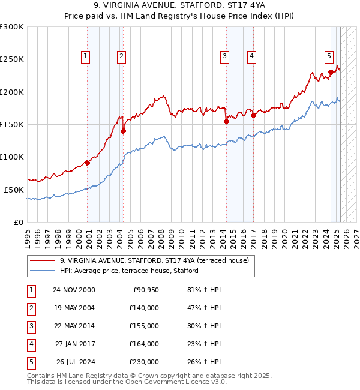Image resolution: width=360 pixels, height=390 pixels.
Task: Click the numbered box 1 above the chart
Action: [x=85, y=56]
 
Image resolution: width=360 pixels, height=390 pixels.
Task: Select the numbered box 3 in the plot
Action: [x=224, y=56]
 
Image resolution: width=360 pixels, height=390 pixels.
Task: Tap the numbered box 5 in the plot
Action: [x=329, y=56]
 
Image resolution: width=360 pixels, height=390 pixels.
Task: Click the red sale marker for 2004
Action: [x=123, y=131]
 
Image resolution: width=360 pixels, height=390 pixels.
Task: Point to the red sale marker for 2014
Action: [x=226, y=121]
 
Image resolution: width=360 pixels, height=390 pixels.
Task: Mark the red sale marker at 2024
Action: [x=331, y=73]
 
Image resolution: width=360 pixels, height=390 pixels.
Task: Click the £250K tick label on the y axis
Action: [x=12, y=59]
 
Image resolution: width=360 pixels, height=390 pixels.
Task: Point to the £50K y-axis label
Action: [x=14, y=190]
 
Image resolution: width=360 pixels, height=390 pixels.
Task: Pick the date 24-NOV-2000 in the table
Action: [x=73, y=290]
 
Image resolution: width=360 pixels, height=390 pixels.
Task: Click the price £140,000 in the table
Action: [x=144, y=308]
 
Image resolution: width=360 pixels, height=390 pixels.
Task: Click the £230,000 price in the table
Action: [x=144, y=362]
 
